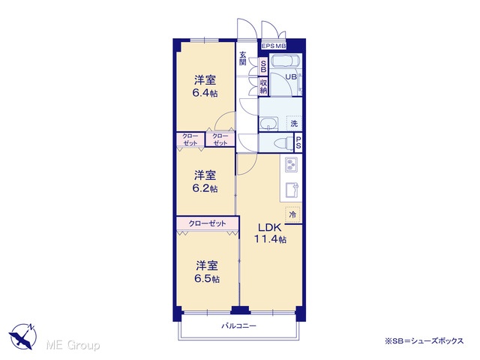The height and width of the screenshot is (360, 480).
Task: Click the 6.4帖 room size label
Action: point(205,93)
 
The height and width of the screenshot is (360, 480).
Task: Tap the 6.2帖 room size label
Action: point(205,188)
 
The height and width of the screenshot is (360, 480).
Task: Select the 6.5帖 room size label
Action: point(207,278)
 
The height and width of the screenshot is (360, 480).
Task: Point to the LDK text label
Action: point(269,227)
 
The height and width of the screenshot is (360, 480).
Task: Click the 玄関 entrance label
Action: point(243,58)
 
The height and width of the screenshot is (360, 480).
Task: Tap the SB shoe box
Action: point(263,66)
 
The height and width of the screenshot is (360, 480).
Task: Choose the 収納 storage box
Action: point(263,86)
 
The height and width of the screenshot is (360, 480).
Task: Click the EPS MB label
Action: point(273,46)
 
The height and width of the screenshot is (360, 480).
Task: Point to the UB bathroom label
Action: point(291,76)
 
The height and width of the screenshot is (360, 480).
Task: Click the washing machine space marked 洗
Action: point(294,123)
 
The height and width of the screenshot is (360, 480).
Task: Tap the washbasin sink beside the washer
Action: point(268,124)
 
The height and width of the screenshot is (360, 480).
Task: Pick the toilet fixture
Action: point(283,143)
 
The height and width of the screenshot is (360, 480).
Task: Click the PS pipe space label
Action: point(298,142)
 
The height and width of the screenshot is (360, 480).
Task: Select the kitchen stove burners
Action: point(290,165)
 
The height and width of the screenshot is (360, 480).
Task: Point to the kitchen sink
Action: point(292,190)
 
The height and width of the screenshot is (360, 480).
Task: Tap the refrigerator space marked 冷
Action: point(292,214)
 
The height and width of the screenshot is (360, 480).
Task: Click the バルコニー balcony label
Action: point(238,325)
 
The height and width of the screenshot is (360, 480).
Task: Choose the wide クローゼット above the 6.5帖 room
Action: point(208,223)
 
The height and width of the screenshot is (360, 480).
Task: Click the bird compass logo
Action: point(22,336)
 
